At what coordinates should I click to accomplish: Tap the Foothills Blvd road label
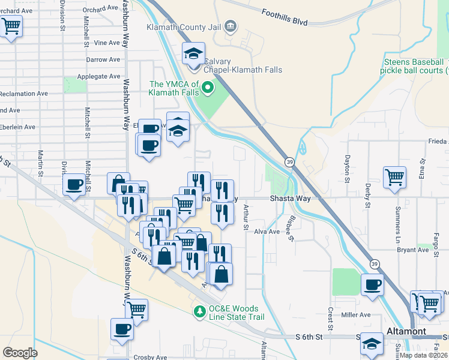click(285, 17)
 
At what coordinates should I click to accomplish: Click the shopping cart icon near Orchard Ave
click(11, 26)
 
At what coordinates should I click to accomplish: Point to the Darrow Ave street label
click(103, 60)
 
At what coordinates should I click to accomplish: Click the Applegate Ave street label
click(98, 77)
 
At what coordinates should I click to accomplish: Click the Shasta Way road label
click(288, 199)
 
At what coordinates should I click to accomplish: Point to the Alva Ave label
click(267, 232)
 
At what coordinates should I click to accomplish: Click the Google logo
click(20, 353)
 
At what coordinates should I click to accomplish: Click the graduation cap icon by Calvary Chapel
click(194, 53)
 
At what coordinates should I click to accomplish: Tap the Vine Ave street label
click(107, 43)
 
